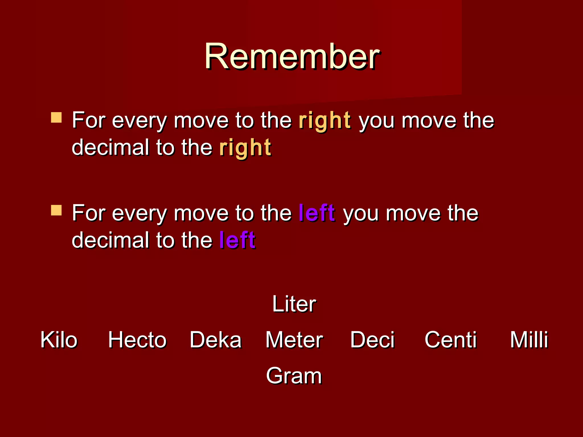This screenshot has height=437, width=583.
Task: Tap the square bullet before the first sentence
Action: click(56, 118)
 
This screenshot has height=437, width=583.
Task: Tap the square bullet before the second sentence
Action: click(56, 210)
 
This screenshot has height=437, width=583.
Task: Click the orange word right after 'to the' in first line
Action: click(325, 121)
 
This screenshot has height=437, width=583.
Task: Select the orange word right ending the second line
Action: click(245, 148)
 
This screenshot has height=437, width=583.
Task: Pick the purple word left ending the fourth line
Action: click(237, 240)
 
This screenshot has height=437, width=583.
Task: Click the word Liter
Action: click(294, 304)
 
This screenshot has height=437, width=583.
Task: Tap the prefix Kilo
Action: click(59, 340)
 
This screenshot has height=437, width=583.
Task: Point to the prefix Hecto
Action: click(137, 340)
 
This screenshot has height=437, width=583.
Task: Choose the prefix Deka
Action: click(215, 340)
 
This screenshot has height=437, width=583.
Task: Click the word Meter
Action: click(294, 340)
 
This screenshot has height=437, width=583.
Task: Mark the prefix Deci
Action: click(372, 340)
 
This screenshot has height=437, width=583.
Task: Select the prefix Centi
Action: click(451, 340)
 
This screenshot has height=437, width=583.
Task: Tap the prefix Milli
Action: click(529, 340)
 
